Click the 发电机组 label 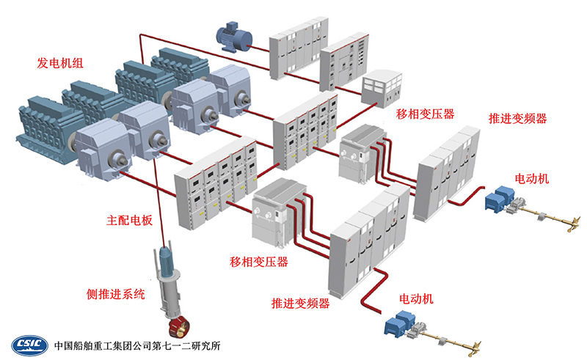coord(60,64)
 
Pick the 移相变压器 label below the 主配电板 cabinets coord(258,262)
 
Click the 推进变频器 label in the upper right coord(517,119)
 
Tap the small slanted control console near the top coord(382,86)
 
